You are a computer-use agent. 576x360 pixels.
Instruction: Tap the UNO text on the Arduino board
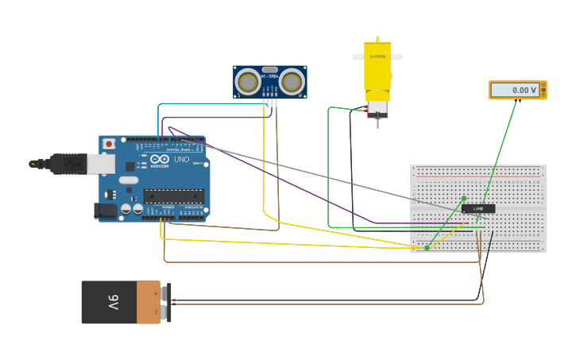coord(181,160)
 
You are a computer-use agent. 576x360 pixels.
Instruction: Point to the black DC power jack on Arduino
coord(105,211)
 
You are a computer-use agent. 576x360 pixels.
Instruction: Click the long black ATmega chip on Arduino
coord(173,196)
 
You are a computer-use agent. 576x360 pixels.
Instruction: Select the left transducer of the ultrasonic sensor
coord(249,82)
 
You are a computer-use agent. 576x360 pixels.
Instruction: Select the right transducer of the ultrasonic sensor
coord(292,82)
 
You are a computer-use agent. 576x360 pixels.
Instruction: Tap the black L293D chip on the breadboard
coord(478,209)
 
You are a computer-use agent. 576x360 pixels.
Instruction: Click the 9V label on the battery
coord(114,302)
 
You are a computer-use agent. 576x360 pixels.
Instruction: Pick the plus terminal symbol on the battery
coord(166,291)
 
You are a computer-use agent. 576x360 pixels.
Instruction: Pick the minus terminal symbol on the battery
coord(166,313)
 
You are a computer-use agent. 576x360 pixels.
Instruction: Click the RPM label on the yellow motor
coord(377,57)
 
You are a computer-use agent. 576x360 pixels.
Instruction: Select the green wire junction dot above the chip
coord(464,199)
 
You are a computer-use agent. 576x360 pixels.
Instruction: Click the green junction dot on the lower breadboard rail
coord(427,248)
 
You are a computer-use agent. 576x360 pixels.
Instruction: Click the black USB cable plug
coord(68,164)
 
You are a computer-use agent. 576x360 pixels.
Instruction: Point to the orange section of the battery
coord(148,302)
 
